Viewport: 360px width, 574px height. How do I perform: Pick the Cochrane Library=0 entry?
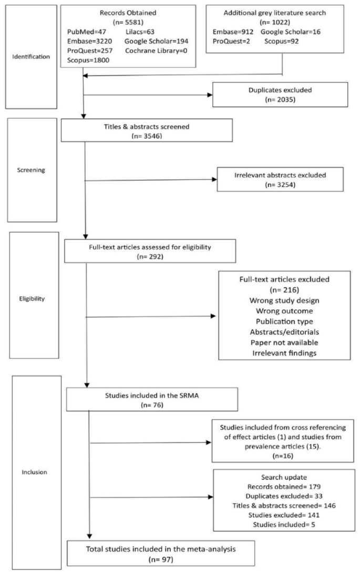(x=153, y=50)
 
